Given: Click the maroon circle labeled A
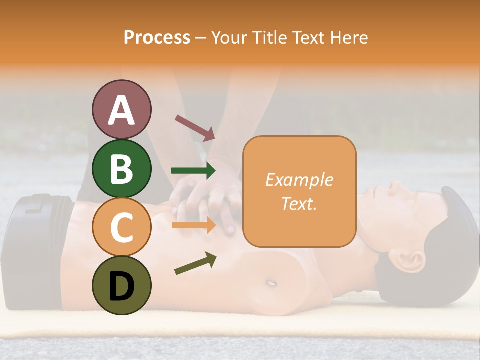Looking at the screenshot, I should coord(122,109).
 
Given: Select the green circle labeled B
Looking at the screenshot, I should coord(122,168).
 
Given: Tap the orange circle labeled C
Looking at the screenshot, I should coord(122,227).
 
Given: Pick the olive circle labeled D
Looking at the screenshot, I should coord(122,285).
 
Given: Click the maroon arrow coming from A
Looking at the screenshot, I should coord(195,128).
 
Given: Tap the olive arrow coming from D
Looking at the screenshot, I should coord(195,263).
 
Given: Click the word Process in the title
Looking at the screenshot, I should coord(157,37).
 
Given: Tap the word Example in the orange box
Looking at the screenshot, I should coord(299,180).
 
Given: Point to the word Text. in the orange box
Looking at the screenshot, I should coord(299,203).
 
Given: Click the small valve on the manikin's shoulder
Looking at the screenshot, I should coord(270,283).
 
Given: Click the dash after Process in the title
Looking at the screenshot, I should coord(200,38).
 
